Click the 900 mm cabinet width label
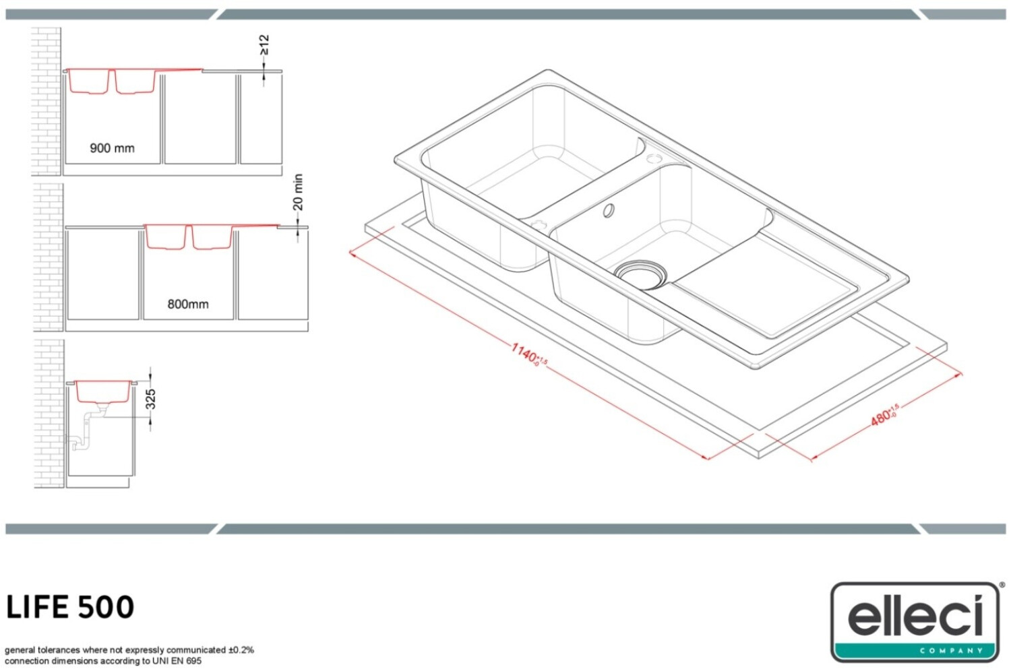(112, 148)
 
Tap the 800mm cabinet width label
(188, 304)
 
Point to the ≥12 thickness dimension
(264, 46)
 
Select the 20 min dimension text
(299, 192)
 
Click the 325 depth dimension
(151, 399)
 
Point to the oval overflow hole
(609, 210)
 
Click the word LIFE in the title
(37, 607)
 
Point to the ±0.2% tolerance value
(241, 650)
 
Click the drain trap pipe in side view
(84, 431)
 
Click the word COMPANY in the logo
(952, 651)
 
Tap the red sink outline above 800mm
(189, 237)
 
